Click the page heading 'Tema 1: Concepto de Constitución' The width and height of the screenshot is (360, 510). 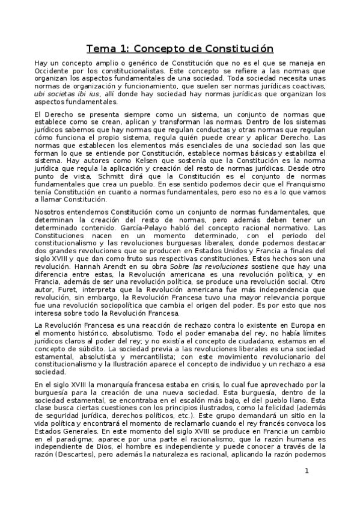[180, 48]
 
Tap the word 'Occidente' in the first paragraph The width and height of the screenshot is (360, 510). [52, 71]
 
